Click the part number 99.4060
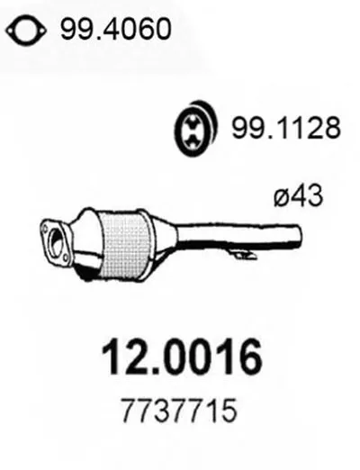click(116, 29)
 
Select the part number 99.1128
click(286, 128)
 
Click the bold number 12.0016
click(182, 358)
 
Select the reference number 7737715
click(179, 411)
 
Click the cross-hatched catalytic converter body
click(124, 246)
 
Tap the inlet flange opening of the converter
click(56, 242)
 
